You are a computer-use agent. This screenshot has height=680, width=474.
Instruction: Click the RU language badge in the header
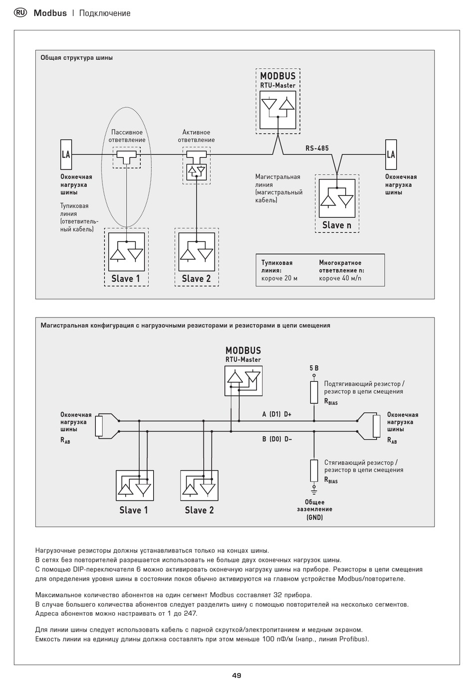click(20, 12)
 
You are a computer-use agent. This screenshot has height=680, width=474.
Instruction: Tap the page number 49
click(237, 675)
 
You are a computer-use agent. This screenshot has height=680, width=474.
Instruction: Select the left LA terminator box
click(66, 155)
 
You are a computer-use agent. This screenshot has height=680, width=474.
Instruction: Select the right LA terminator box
click(391, 155)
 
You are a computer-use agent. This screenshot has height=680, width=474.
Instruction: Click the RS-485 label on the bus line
click(317, 148)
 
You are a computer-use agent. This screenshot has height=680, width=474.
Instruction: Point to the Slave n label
click(337, 225)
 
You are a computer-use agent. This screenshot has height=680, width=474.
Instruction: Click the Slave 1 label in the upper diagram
click(126, 279)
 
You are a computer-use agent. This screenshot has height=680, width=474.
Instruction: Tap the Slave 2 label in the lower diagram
click(199, 510)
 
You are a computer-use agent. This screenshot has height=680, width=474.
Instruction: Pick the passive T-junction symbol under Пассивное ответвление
click(126, 157)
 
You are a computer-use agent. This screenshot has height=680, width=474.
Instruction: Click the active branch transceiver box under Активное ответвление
click(196, 172)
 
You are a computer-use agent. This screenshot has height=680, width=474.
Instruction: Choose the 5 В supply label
click(314, 368)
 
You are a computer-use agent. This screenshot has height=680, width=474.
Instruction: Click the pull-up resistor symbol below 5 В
click(314, 392)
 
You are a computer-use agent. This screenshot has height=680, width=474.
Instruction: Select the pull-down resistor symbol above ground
click(314, 471)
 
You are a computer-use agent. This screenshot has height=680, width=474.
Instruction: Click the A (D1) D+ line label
click(276, 414)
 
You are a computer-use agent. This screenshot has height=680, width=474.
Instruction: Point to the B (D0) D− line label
click(277, 439)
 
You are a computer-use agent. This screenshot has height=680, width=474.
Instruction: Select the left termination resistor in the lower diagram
click(99, 426)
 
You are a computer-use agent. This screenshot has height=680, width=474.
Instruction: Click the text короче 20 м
click(279, 278)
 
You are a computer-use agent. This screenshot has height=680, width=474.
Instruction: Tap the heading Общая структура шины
click(76, 58)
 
